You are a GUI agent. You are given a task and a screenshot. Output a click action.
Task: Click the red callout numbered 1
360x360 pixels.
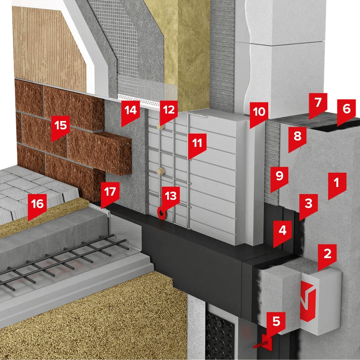click(x=337, y=185)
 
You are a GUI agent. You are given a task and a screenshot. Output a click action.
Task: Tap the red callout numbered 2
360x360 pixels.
click(x=327, y=256)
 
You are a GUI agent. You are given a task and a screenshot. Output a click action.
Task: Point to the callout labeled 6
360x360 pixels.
click(x=346, y=111)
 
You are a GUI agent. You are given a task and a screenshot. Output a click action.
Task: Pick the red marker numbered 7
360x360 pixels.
click(x=318, y=105)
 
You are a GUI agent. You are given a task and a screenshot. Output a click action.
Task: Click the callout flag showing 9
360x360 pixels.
click(x=280, y=178)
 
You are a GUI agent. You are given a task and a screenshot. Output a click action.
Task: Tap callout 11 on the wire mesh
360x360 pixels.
click(x=197, y=145)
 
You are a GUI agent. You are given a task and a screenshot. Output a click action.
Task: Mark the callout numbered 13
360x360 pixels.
click(x=171, y=198)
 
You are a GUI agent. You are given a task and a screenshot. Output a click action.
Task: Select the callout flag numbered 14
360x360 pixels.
click(x=131, y=112)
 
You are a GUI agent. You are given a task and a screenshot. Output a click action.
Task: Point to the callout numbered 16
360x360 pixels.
click(x=37, y=206)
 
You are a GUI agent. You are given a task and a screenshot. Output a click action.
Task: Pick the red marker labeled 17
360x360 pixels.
click(x=110, y=194)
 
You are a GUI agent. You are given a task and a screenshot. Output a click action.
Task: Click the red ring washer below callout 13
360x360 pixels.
click(x=162, y=214)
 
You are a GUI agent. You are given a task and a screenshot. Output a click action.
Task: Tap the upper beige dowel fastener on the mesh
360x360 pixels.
click(x=160, y=126)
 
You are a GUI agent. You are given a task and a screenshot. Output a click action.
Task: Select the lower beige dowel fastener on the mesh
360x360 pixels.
click(x=161, y=171)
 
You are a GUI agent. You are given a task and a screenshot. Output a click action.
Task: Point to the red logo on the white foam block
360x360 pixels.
click(x=308, y=301)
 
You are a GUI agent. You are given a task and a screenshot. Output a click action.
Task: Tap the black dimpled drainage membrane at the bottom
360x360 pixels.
click(x=220, y=335)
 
